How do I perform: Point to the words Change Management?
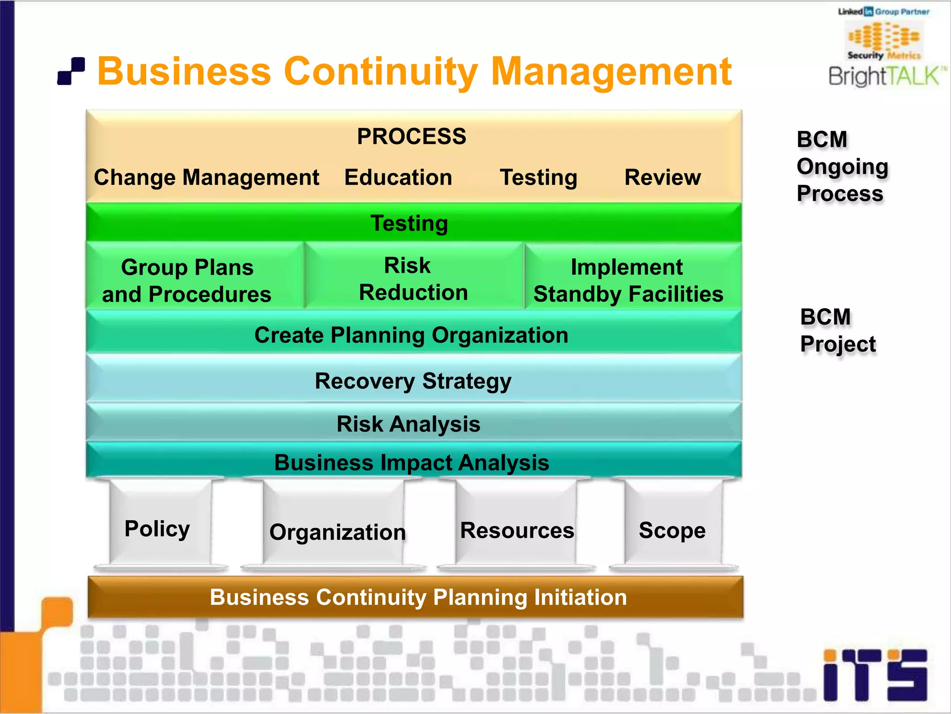pyautogui.click(x=207, y=177)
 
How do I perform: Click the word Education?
pyautogui.click(x=398, y=177)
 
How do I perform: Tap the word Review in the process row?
pyautogui.click(x=663, y=177)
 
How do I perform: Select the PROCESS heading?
pyautogui.click(x=411, y=136)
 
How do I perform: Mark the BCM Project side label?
pyautogui.click(x=837, y=330)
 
